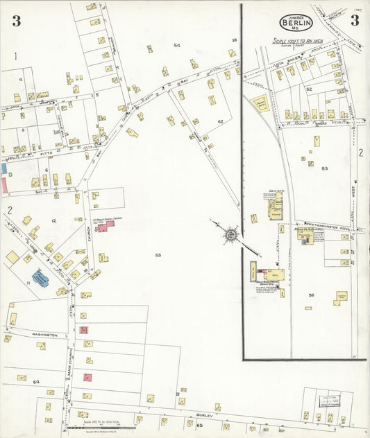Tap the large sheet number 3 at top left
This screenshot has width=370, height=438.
point(15,21)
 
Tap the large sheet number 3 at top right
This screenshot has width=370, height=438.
point(354,20)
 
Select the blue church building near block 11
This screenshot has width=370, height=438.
point(41,279)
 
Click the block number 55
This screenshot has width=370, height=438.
point(158,256)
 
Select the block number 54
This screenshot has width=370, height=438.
point(177,46)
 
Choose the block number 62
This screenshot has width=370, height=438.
point(219,121)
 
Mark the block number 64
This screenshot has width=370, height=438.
point(36,382)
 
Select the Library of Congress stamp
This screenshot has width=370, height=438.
point(328,400)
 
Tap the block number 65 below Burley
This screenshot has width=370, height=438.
point(199,425)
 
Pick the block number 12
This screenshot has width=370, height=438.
point(53,220)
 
